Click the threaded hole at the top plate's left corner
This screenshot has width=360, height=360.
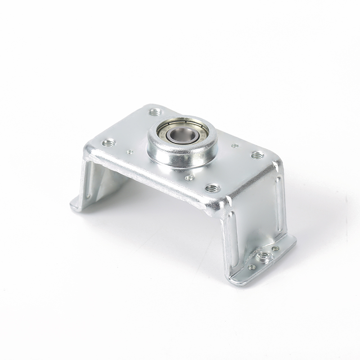pos(108,143)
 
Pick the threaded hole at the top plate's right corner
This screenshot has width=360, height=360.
pos(257,155)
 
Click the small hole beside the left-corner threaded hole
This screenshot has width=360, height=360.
pos(130,152)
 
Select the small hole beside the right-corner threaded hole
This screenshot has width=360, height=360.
pos(234,146)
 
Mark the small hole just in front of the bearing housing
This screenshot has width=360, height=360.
pos(189,178)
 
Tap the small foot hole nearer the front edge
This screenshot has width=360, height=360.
pos(252,267)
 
